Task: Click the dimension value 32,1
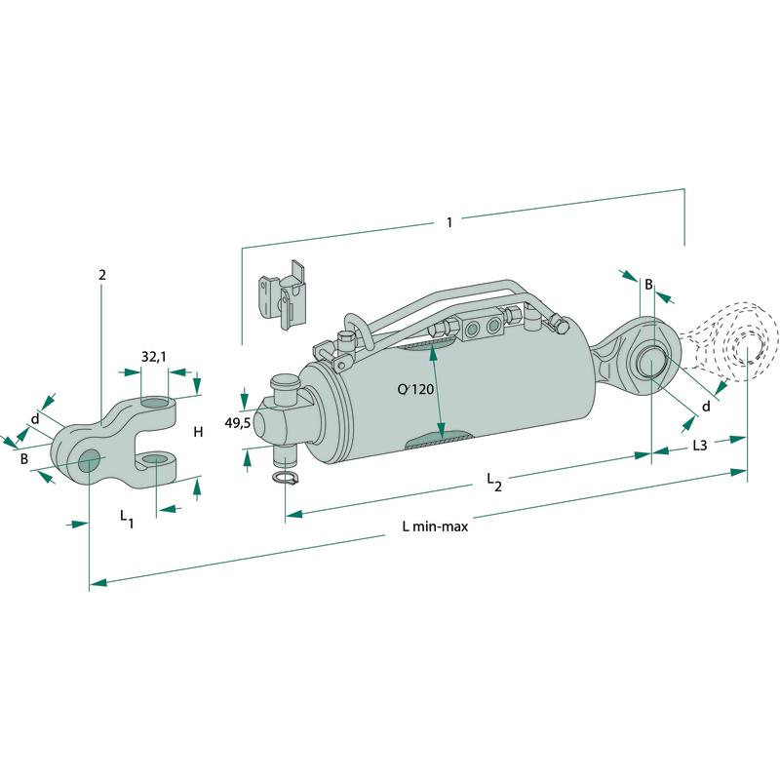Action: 153,358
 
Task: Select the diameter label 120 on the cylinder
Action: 415,390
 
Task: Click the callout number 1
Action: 448,222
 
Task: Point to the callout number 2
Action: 101,274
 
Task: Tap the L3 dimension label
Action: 699,446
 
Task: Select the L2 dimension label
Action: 495,482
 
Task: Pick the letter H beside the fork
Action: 197,432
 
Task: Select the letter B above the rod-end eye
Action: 646,284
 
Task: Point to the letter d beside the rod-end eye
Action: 705,406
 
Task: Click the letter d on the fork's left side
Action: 35,420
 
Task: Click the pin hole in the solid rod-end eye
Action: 652,364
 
